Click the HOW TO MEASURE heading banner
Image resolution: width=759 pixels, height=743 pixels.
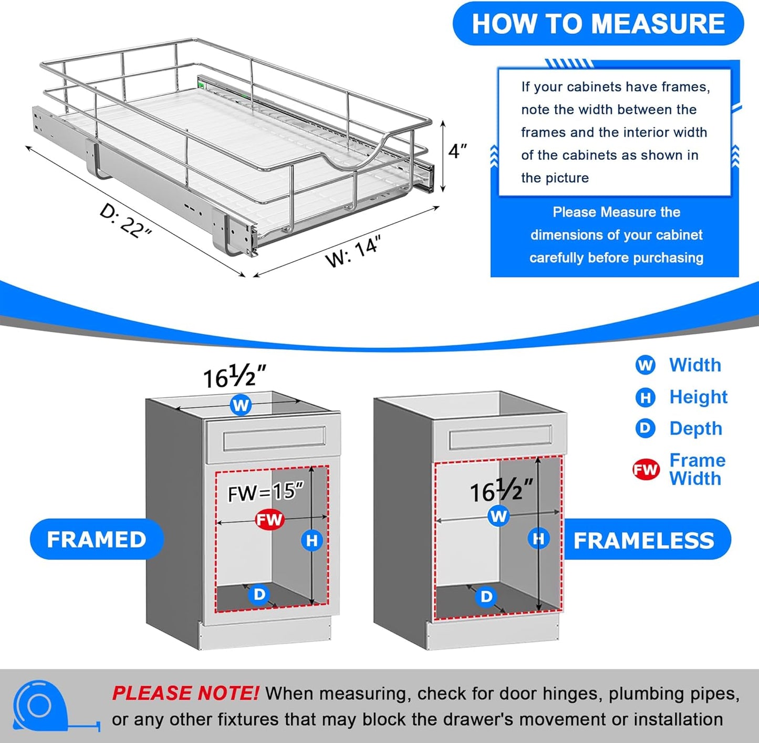pyautogui.click(x=598, y=24)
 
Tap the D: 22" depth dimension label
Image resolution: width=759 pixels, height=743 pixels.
pyautogui.click(x=126, y=221)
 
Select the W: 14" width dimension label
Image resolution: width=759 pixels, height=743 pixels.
pyautogui.click(x=352, y=252)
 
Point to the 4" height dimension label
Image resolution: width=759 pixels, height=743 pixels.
pyautogui.click(x=458, y=151)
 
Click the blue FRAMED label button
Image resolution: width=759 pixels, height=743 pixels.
pyautogui.click(x=97, y=540)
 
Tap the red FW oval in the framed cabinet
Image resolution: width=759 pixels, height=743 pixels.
pyautogui.click(x=269, y=520)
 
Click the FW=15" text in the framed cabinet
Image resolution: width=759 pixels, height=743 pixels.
pyautogui.click(x=266, y=492)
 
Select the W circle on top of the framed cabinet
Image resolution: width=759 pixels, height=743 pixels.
pyautogui.click(x=241, y=405)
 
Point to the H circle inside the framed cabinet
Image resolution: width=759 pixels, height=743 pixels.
pyautogui.click(x=312, y=540)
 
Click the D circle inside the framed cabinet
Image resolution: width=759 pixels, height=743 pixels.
pyautogui.click(x=259, y=594)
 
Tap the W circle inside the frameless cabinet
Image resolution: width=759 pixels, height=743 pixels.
pyautogui.click(x=498, y=516)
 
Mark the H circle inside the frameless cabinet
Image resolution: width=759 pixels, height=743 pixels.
pyautogui.click(x=539, y=539)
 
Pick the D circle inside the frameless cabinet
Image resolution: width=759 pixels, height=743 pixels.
pyautogui.click(x=486, y=596)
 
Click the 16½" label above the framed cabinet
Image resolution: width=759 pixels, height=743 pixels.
pyautogui.click(x=234, y=377)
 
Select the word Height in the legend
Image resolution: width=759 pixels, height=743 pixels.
pyautogui.click(x=698, y=397)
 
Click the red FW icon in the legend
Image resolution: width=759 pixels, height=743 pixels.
pyautogui.click(x=646, y=469)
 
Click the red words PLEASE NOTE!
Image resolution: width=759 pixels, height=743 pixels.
pyautogui.click(x=185, y=694)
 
